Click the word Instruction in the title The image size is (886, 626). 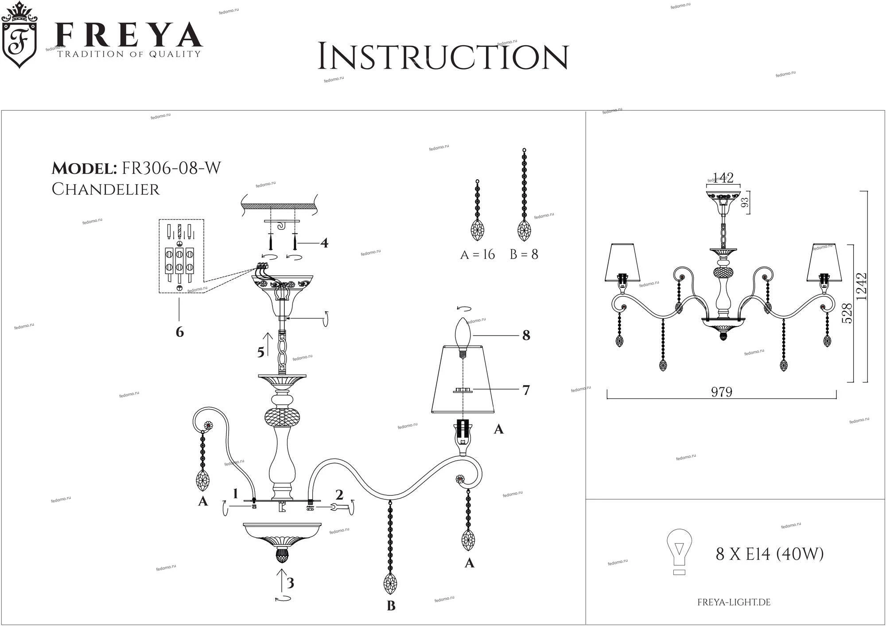click(x=443, y=57)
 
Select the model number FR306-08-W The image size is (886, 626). click(x=171, y=168)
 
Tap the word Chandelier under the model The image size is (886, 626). click(x=105, y=189)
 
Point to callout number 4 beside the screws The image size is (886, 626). click(x=324, y=243)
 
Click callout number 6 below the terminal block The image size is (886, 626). click(x=179, y=332)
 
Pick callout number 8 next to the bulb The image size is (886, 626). click(x=526, y=336)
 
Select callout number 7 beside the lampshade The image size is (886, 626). click(x=526, y=390)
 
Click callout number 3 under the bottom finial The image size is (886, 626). click(x=290, y=583)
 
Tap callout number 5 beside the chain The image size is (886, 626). click(x=261, y=352)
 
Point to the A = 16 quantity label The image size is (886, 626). click(x=477, y=255)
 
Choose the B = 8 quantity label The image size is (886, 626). click(x=524, y=255)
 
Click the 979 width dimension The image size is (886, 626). click(x=722, y=392)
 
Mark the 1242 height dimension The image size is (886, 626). click(x=862, y=286)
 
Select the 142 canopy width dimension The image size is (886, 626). click(x=723, y=178)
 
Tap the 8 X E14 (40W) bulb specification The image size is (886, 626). click(x=769, y=554)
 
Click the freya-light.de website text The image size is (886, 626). click(x=734, y=603)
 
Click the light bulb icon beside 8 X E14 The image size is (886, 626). click(x=679, y=552)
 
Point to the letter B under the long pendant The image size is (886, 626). click(x=391, y=606)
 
